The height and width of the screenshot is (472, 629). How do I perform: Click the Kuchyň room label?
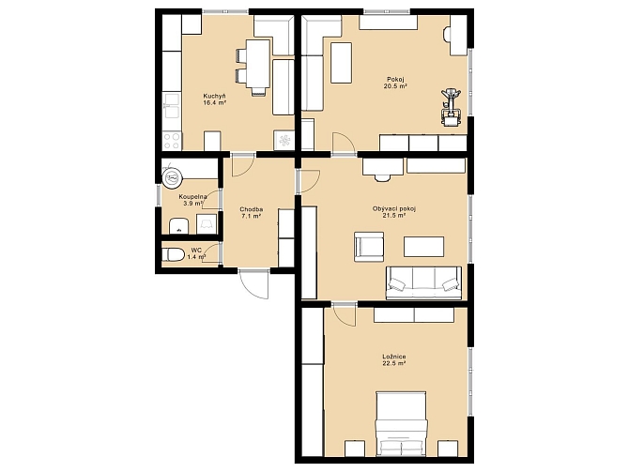[215, 97]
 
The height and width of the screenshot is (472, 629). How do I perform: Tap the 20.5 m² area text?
[394, 85]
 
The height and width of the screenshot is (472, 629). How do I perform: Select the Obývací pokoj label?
[394, 209]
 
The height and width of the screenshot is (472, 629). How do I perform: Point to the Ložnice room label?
[394, 357]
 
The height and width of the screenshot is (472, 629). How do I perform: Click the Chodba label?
[252, 209]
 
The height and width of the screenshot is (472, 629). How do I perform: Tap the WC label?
[196, 250]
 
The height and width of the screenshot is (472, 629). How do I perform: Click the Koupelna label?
[193, 197]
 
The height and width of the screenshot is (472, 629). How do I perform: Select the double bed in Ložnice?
[401, 424]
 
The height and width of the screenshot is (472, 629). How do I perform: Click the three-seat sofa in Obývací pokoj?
[423, 283]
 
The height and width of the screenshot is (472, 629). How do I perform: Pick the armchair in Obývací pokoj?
[369, 247]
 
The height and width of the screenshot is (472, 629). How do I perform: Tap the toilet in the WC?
[174, 254]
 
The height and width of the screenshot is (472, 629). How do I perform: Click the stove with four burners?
[172, 141]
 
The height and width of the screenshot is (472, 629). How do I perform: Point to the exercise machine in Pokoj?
[451, 107]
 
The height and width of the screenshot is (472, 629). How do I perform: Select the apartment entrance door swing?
[253, 284]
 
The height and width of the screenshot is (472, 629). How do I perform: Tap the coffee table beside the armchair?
[423, 247]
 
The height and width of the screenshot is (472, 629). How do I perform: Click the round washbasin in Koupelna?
[173, 177]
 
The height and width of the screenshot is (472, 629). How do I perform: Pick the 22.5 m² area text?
[394, 363]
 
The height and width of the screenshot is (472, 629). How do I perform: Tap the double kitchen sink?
[172, 106]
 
